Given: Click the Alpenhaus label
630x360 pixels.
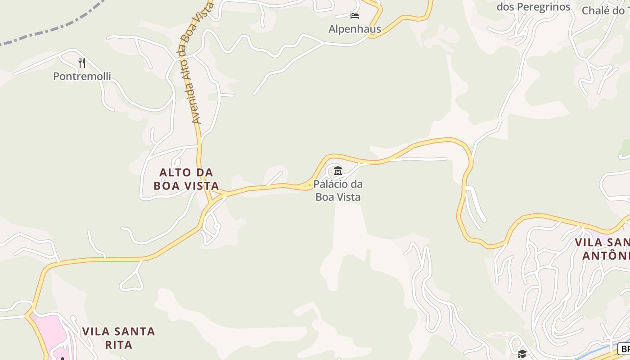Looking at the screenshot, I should click(355, 29).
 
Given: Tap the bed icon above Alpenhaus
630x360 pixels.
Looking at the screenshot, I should click(355, 16).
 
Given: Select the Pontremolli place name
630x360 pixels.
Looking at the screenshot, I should click(82, 76).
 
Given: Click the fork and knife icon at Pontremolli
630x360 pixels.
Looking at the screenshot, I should click(82, 63).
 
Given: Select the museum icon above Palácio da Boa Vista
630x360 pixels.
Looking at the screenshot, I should click(338, 171).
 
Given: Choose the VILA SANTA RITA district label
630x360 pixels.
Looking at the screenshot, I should click(118, 338).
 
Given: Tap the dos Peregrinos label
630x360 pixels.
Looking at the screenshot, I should click(533, 7).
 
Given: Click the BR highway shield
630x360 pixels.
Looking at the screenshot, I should click(624, 349).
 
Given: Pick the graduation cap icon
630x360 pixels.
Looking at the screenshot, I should click(522, 354).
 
